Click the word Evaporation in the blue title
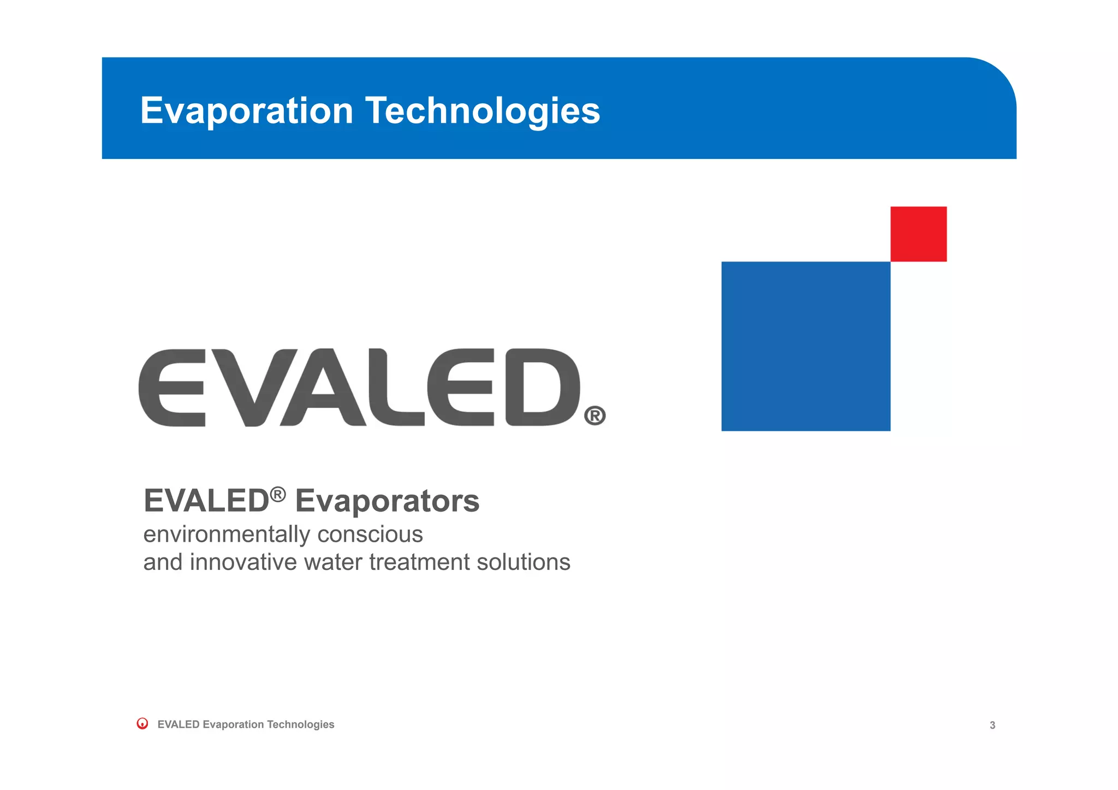tap(247, 111)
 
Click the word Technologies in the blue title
tap(483, 111)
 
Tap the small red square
tap(918, 234)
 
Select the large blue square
tap(806, 346)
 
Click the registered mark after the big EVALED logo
tap(594, 416)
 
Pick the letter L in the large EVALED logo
tap(401, 388)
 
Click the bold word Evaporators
tap(387, 501)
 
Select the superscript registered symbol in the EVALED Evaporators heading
tap(277, 494)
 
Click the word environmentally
tap(227, 534)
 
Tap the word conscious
tap(370, 534)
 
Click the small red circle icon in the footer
tap(142, 724)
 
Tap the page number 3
tap(992, 726)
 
